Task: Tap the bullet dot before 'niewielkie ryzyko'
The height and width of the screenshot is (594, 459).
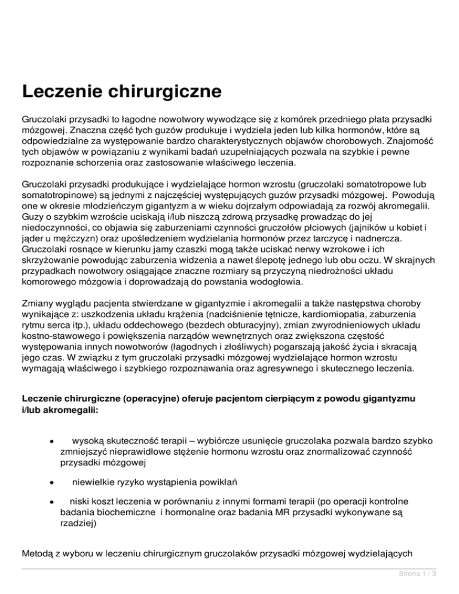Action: (x=53, y=481)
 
